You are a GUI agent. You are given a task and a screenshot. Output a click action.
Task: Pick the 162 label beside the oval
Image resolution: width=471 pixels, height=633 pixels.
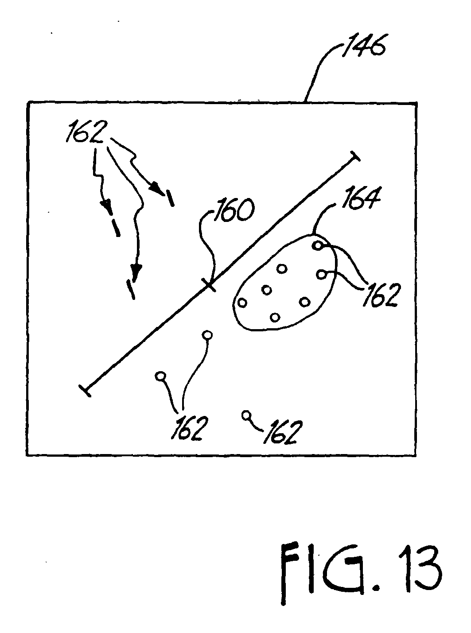point(381,296)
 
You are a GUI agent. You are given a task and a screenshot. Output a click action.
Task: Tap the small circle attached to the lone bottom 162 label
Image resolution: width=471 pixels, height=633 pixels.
point(246,415)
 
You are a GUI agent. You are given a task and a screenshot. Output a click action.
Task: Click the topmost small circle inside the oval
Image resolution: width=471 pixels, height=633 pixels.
point(317,245)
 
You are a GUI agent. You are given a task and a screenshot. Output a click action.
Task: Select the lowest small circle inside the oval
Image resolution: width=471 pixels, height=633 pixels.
point(275,317)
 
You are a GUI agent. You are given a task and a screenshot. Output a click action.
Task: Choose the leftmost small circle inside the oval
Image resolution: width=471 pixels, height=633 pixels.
point(242,303)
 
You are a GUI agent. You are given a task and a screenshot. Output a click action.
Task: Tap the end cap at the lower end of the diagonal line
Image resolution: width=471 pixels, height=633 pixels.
point(85,390)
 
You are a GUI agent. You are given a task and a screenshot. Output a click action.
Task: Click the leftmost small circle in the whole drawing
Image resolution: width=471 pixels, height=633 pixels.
point(160,376)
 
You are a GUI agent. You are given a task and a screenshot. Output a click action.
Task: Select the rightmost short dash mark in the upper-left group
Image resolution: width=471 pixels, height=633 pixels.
point(170,199)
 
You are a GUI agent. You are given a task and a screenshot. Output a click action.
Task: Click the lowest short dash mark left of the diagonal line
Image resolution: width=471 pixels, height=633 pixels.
point(131,290)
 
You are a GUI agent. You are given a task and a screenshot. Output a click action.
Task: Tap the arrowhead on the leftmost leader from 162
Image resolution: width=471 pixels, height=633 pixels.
point(105,205)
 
